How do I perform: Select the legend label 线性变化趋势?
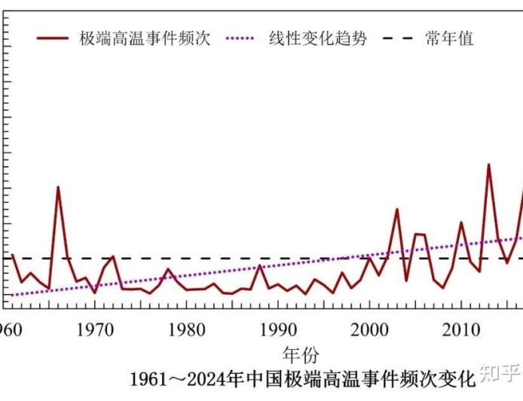pos(317,38)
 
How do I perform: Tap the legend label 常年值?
pos(449,38)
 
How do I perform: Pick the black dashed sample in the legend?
pos(398,38)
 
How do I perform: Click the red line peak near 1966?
pos(58,187)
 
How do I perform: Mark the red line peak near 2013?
pos(488,164)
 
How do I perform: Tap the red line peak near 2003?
pos(397,210)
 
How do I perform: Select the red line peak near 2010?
pos(461,222)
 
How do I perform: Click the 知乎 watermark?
pos(500,372)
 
